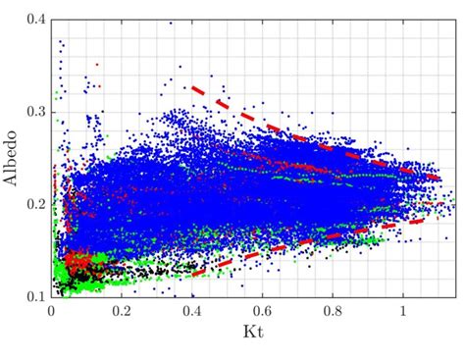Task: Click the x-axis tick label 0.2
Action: pyautogui.click(x=122, y=310)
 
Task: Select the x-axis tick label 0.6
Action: pyautogui.click(x=262, y=310)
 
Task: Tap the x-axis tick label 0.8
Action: pyautogui.click(x=333, y=310)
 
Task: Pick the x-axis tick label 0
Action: pyautogui.click(x=52, y=310)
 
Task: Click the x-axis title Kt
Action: pyautogui.click(x=252, y=334)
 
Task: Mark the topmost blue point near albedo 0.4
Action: pyautogui.click(x=171, y=22)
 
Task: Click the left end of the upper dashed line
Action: pyautogui.click(x=192, y=87)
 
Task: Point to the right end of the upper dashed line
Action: pyautogui.click(x=439, y=179)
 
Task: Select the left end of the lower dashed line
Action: pyautogui.click(x=192, y=274)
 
